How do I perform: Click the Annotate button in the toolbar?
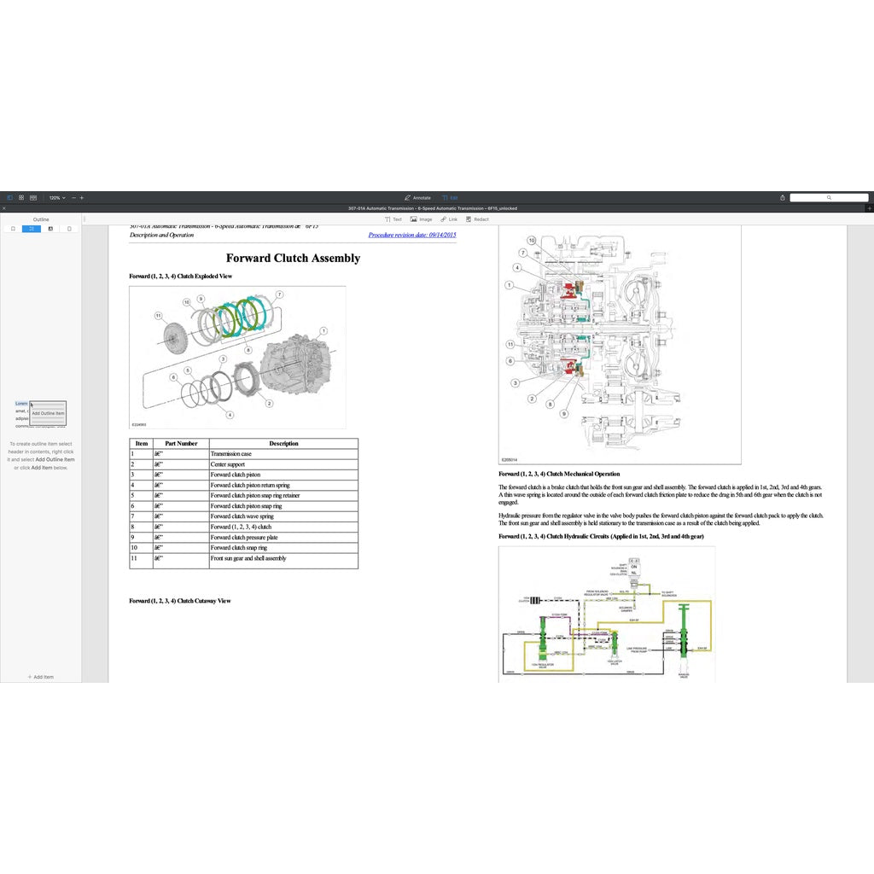[x=417, y=197]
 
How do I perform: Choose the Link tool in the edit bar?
[x=449, y=219]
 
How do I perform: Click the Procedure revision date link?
[x=412, y=235]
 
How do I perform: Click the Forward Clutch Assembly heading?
[x=293, y=258]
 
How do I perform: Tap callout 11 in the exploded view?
[x=159, y=316]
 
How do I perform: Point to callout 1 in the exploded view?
[x=323, y=330]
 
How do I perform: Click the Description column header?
[x=283, y=444]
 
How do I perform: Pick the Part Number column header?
[x=181, y=444]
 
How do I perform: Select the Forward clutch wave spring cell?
[x=242, y=516]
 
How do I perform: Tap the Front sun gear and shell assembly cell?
[x=248, y=558]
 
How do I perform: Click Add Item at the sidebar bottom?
[x=40, y=677]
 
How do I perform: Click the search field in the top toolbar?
[x=828, y=197]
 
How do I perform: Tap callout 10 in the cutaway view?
[x=531, y=241]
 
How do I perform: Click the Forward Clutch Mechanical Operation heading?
[x=559, y=474]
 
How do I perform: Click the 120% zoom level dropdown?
[x=56, y=197]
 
